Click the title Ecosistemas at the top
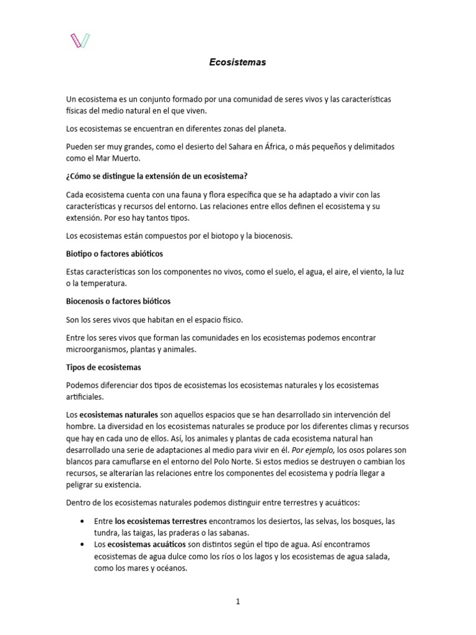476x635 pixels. point(236,63)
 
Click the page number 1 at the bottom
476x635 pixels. point(238,601)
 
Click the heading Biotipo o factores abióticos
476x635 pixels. point(115,254)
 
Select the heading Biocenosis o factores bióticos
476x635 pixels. point(118,301)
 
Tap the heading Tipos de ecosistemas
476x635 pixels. point(104,367)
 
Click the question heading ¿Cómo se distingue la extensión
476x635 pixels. point(157,176)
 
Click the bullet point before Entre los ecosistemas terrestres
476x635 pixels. point(82,522)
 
